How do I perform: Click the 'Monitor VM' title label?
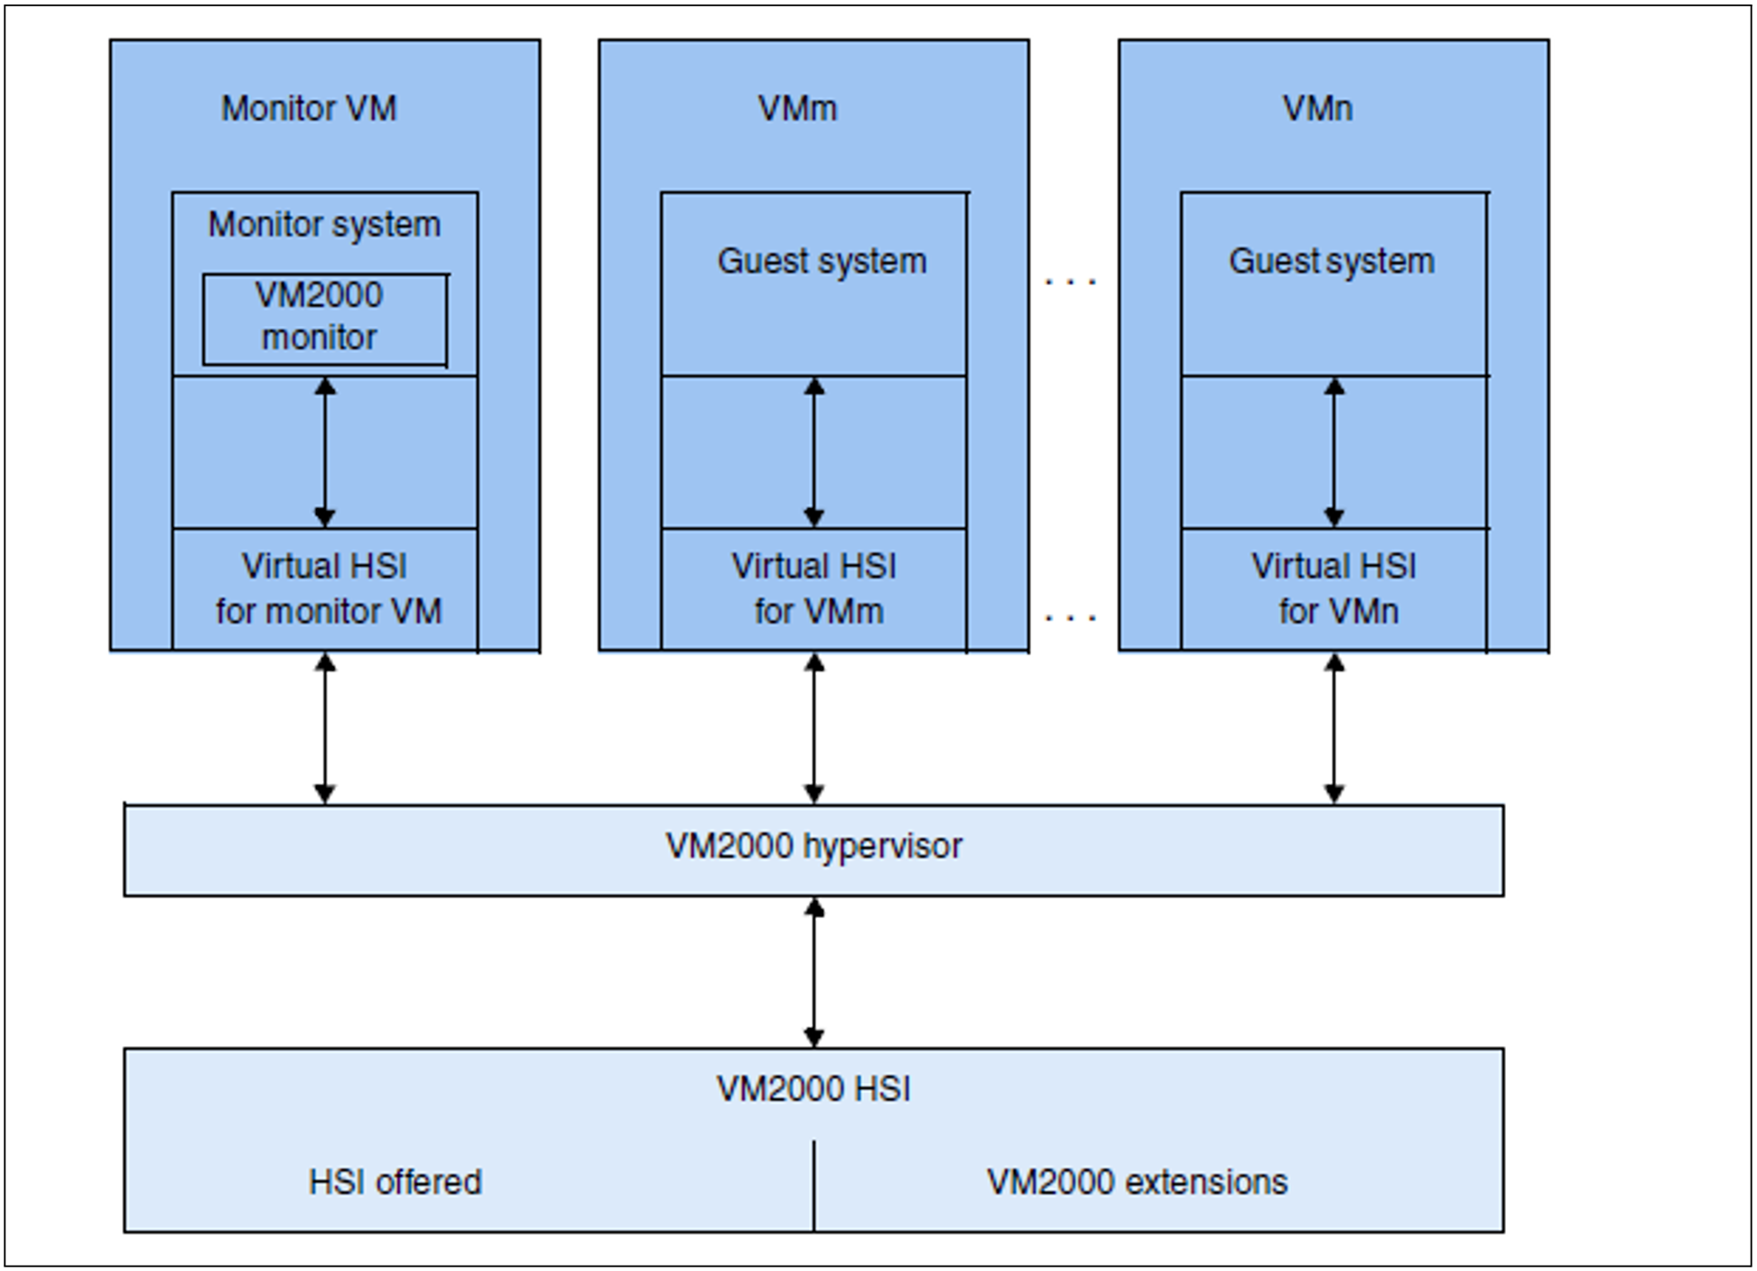tap(309, 108)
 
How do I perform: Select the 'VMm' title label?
tap(797, 108)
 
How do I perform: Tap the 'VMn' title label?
tap(1317, 108)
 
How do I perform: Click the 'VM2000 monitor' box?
tap(324, 318)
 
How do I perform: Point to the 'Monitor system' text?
tap(324, 224)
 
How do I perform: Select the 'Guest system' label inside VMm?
tap(822, 261)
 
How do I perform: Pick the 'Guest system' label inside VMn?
tap(1332, 261)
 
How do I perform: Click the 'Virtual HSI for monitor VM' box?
tap(325, 589)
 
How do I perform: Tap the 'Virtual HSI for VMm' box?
tap(813, 589)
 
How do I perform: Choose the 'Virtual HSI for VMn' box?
tap(1334, 589)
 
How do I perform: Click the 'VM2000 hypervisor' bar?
tap(813, 849)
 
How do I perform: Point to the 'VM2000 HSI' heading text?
tap(813, 1089)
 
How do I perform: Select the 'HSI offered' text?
tap(395, 1182)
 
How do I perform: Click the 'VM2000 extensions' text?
tap(1137, 1182)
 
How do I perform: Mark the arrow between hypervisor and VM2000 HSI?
tap(813, 972)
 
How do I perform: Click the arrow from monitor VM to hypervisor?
tap(325, 728)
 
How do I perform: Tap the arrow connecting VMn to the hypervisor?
tap(1334, 728)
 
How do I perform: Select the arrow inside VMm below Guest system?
tap(813, 452)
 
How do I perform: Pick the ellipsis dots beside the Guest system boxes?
tap(1070, 283)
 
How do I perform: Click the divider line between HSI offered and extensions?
tap(813, 1185)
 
